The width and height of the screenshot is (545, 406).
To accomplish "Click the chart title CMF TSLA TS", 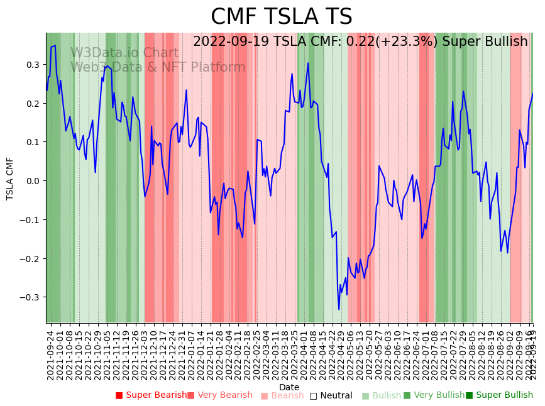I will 281,17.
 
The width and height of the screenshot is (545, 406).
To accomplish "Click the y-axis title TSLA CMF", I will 10,178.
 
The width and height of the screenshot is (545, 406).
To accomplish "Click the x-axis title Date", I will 289,387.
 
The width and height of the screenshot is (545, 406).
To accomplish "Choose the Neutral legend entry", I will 336,395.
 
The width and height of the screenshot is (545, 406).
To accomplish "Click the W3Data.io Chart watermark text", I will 124,53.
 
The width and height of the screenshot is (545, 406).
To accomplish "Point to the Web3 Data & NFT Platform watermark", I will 158,67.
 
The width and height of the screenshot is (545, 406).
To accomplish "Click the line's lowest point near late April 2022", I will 339,309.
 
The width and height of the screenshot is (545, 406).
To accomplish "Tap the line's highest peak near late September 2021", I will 55,45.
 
